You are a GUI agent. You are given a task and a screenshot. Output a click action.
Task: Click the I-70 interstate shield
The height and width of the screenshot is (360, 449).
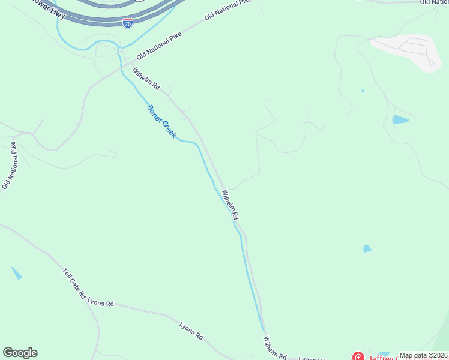coord(128,23)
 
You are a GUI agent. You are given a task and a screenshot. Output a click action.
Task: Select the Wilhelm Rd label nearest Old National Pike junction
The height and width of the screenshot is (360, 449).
coord(146,79)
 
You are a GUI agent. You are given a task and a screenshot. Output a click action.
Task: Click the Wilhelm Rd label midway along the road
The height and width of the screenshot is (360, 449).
coord(231,205)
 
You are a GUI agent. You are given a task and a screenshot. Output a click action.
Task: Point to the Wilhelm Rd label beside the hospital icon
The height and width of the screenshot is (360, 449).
coord(274,348)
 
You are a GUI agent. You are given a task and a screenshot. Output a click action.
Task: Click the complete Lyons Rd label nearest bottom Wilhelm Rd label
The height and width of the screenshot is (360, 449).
coord(191,331)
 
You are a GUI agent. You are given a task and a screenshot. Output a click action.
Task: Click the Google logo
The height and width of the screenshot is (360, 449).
coord(20,353)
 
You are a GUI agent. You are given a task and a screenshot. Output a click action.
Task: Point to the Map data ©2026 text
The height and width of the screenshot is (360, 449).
coord(423,355)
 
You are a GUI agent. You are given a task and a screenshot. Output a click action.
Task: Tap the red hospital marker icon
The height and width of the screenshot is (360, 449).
coord(358,356)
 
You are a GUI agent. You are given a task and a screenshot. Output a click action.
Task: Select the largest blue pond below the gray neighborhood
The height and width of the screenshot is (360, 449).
coord(400,119)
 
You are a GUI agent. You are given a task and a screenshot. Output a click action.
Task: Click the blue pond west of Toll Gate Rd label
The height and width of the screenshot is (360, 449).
coord(16,273)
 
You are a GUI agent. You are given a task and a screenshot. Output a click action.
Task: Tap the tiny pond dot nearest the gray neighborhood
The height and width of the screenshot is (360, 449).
coord(363,91)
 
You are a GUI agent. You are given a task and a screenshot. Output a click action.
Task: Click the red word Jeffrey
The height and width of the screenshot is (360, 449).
coord(385,356)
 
